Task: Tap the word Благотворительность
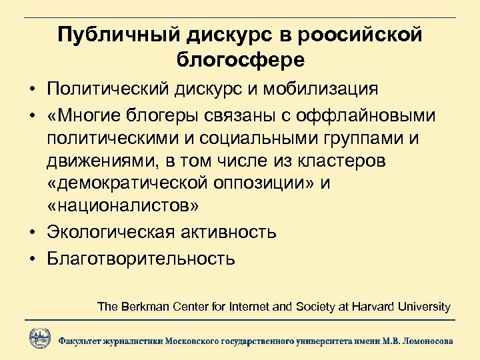point(141,257)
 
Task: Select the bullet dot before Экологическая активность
point(32,233)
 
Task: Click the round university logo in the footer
point(40,337)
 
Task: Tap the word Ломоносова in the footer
point(425,340)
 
